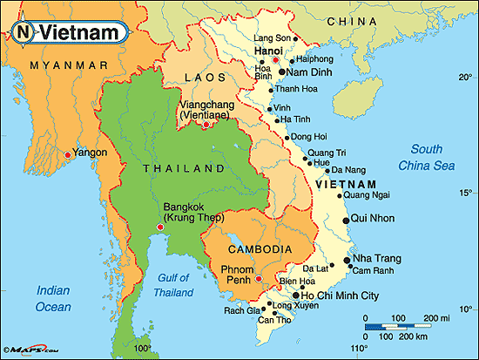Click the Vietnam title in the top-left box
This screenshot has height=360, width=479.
click(x=81, y=32)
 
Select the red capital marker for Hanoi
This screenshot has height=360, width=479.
click(x=276, y=60)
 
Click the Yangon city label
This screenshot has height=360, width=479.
click(x=91, y=153)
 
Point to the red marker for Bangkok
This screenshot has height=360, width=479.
click(x=159, y=228)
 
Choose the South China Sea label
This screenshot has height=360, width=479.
click(x=426, y=158)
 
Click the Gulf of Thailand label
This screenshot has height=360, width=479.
click(x=173, y=286)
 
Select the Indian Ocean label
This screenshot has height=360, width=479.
click(x=53, y=298)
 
